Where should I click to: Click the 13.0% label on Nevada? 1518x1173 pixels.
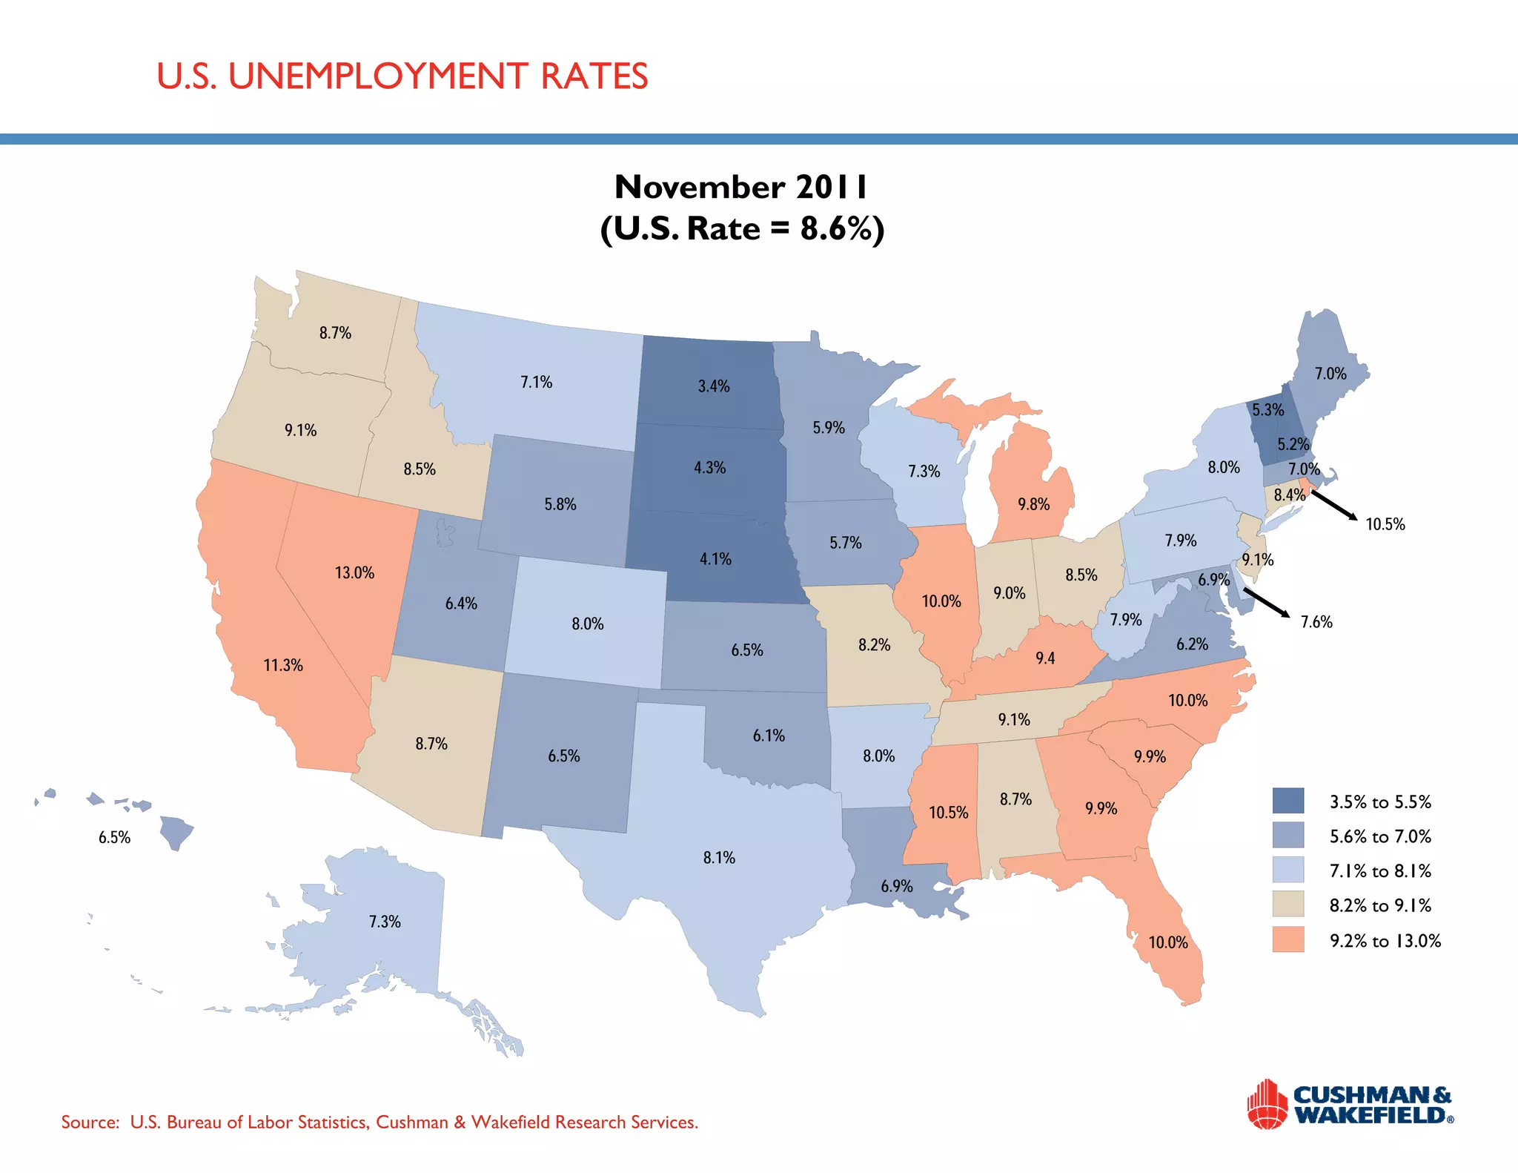coord(354,572)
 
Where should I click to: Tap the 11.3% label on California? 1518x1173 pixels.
coord(283,665)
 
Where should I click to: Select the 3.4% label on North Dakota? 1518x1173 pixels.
coord(714,386)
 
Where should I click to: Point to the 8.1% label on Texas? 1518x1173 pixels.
coord(719,858)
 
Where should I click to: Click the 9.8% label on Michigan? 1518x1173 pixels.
coord(1033,505)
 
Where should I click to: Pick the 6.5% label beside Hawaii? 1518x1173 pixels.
coord(114,837)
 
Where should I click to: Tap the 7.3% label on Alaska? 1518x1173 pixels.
coord(385,922)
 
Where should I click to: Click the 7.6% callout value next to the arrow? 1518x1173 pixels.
coord(1316,622)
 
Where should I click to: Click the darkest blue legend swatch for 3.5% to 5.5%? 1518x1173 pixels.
coord(1287,801)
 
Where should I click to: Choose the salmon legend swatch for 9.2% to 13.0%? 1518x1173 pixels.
coord(1287,939)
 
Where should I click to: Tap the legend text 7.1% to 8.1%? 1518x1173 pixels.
coord(1380,870)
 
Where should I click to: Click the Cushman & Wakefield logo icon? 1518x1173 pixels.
coord(1267,1104)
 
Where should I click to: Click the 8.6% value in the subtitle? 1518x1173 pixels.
coord(834,228)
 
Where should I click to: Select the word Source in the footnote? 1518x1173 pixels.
coord(90,1122)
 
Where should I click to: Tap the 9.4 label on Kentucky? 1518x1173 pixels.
coord(1045,658)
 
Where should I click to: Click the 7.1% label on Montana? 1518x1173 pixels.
coord(536,383)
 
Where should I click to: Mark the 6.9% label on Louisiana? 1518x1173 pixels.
coord(897,886)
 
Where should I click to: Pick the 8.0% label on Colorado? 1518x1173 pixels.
coord(587,624)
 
